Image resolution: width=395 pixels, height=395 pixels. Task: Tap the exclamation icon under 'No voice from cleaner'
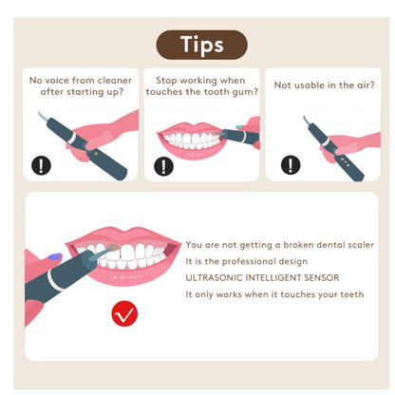(x=41, y=164)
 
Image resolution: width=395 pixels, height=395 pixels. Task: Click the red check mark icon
(x=124, y=312)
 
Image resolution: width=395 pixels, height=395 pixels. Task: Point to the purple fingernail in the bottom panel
(x=54, y=257)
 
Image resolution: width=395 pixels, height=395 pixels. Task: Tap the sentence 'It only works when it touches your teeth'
(x=274, y=294)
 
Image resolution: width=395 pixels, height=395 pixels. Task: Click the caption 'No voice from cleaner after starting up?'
(x=81, y=86)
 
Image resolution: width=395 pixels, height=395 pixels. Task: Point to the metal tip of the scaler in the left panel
(x=41, y=118)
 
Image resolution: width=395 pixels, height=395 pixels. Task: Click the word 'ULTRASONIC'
(x=211, y=277)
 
